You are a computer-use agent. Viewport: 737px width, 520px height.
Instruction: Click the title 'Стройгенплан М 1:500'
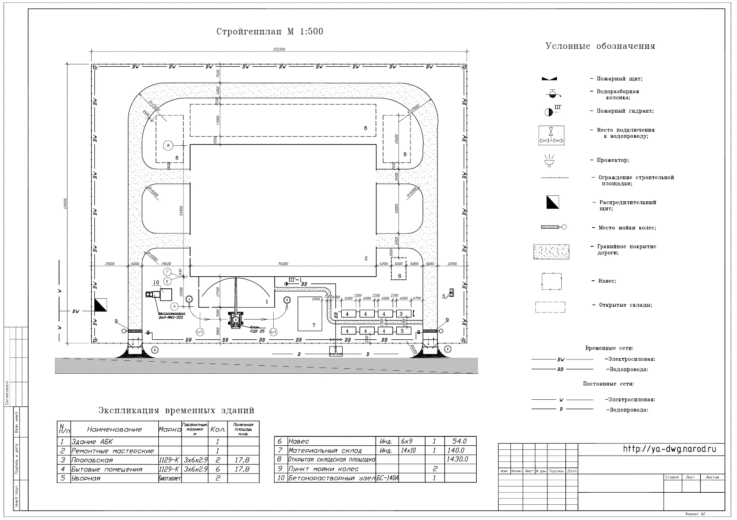click(270, 32)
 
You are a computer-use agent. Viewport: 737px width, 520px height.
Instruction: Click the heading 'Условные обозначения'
click(600, 46)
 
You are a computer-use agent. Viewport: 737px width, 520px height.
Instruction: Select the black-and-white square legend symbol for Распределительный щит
click(552, 202)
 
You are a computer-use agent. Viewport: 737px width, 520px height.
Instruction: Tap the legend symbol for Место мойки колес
click(554, 227)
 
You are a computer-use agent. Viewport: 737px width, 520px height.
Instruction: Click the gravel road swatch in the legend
click(551, 252)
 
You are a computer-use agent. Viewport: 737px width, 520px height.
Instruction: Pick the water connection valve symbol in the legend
click(551, 135)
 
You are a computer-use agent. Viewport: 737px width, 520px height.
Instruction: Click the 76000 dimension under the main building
click(283, 264)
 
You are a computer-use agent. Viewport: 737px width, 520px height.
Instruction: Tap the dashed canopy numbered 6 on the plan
click(399, 270)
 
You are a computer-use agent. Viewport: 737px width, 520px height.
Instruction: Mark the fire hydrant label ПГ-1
click(294, 280)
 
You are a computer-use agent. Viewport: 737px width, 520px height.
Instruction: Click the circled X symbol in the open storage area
click(168, 145)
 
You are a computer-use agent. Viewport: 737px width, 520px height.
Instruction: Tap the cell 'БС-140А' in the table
click(388, 478)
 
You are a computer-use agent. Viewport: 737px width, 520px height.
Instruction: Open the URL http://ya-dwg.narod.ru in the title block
click(669, 449)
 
